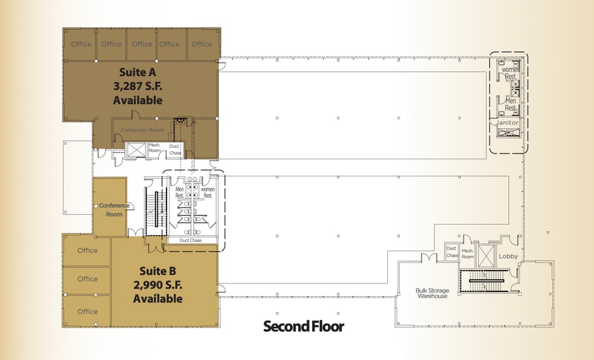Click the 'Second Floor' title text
coord(303,326)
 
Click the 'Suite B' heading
coord(158,271)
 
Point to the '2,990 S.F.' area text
coord(158,285)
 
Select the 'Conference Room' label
coord(110,210)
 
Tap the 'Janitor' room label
coord(507,122)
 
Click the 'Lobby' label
coord(508,257)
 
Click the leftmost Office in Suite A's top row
coord(81,44)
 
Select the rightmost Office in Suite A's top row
coord(202,44)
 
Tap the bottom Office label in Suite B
coord(87,312)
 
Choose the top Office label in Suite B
coord(87,250)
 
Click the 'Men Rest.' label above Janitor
coord(509,104)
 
